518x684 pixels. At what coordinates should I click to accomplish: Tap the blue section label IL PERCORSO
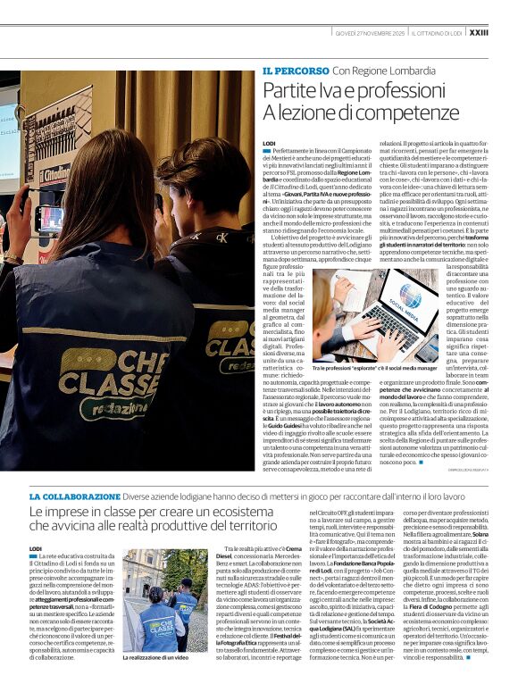295,70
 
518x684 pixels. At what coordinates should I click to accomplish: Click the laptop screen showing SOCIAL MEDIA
407,312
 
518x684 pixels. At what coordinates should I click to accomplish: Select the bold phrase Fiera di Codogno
435,631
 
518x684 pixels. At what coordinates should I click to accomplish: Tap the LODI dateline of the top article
269,143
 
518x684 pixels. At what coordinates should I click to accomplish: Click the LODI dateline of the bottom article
36,547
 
